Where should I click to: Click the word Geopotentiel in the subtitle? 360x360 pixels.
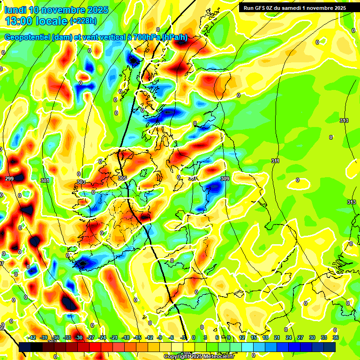coord(27,37)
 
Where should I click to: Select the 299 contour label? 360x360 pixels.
coord(9,179)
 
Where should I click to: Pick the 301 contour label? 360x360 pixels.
coord(45,180)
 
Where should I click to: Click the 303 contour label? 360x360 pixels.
coord(81,182)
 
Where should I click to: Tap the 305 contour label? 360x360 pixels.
coord(122,178)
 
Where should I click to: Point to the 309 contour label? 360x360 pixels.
coord(225,179)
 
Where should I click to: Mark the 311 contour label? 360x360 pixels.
coord(275,161)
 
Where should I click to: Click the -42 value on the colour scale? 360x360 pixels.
coord(32,337)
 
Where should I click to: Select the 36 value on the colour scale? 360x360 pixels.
coord(335,337)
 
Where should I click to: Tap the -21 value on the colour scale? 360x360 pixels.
coord(114,337)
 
